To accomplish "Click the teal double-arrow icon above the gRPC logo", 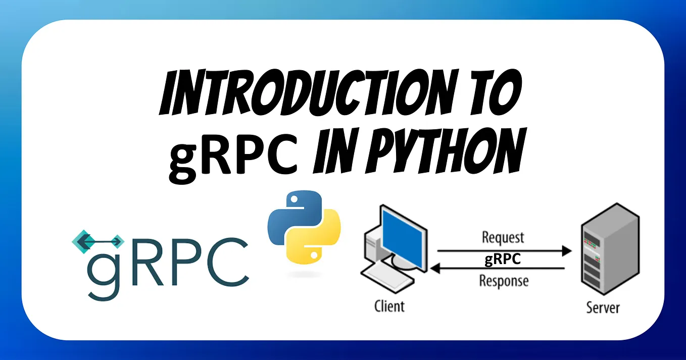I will [99, 242].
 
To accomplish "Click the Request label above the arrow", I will [503, 237].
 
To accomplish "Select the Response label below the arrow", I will [504, 281].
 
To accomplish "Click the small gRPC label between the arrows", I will [503, 260].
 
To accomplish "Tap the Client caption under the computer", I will [389, 305].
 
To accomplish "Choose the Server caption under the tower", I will [603, 307].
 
